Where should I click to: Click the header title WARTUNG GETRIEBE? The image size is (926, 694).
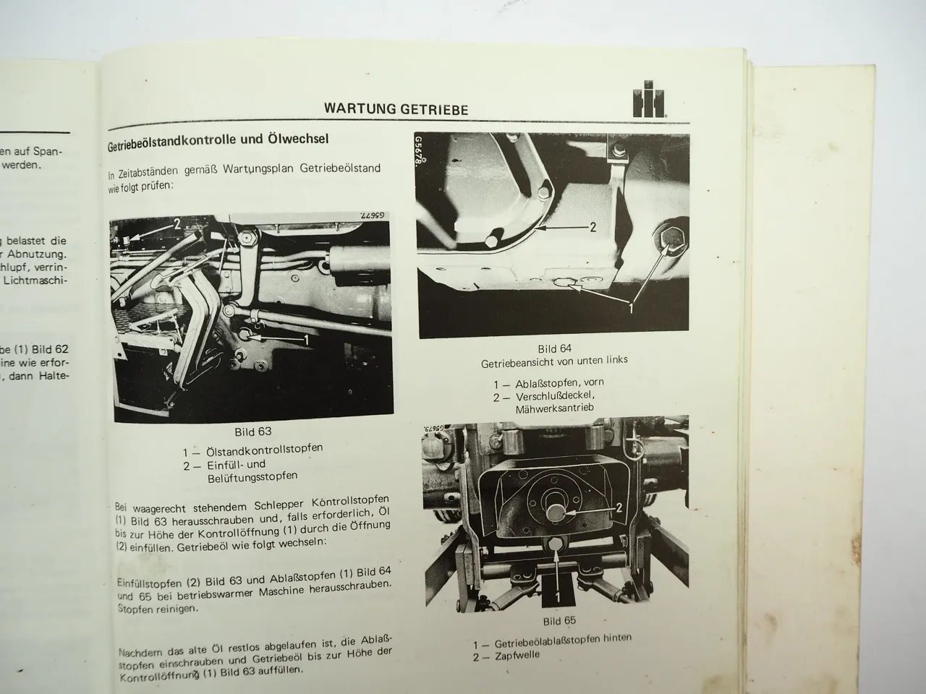396,110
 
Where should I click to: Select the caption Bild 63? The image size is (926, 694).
253,432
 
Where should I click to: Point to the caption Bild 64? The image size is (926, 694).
555,348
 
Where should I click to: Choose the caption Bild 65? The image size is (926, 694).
559,620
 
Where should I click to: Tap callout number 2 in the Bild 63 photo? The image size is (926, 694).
177,225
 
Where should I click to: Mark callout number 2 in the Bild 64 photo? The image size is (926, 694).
592,227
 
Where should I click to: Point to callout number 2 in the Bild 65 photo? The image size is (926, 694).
618,507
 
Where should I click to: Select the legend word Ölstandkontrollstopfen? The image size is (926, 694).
263,450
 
